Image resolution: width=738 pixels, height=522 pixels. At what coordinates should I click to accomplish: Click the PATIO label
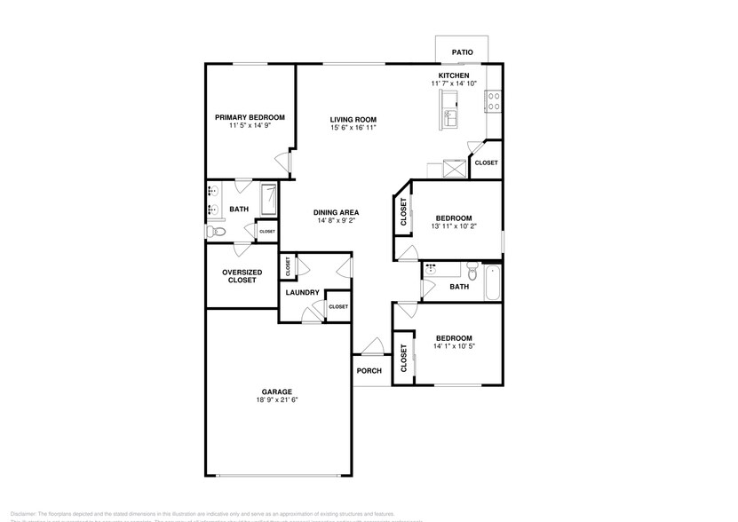click(x=462, y=52)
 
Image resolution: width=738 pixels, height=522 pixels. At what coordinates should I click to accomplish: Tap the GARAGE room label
click(x=276, y=391)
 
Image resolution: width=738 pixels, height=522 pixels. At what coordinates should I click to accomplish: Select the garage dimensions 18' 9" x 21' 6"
click(x=276, y=400)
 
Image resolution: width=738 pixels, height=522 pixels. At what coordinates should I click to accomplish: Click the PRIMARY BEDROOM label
click(x=250, y=117)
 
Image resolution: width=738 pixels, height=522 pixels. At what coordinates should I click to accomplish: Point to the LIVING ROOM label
click(x=353, y=119)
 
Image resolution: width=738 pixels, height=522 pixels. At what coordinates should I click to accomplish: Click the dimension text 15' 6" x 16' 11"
click(x=353, y=128)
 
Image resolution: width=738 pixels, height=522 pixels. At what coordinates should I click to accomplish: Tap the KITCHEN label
click(x=454, y=75)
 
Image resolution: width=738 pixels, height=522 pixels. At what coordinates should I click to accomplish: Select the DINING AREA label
click(x=336, y=212)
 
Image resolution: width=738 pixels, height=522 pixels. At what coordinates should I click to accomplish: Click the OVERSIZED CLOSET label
click(x=241, y=276)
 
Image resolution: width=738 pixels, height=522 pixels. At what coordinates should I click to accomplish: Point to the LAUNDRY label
click(x=302, y=292)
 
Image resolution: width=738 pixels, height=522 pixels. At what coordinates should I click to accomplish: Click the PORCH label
click(x=369, y=371)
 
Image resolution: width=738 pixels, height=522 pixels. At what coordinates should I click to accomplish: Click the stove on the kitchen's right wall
click(x=493, y=102)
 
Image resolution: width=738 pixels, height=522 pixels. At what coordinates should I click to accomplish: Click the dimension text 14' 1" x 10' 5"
click(x=453, y=347)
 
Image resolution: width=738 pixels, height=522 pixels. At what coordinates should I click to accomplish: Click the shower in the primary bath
click(x=268, y=199)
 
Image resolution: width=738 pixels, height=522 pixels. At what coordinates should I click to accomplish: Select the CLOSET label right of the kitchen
click(x=486, y=163)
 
